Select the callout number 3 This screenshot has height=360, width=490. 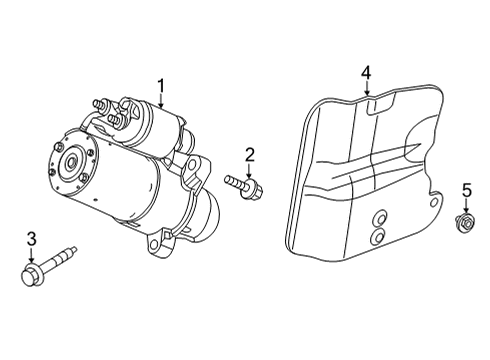coord(31,238)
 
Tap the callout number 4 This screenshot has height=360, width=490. coord(367,72)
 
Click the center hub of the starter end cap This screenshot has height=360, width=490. coord(72,161)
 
